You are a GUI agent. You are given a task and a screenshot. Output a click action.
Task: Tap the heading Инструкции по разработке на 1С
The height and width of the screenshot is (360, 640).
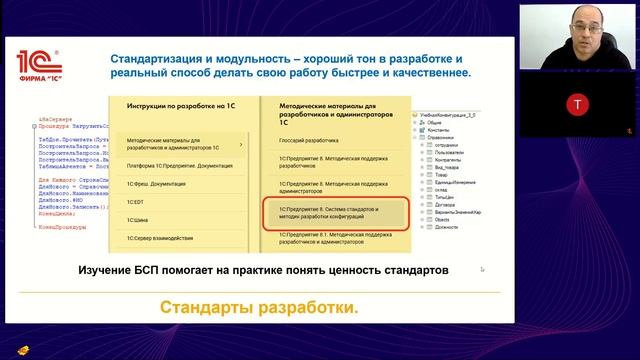pyautogui.click(x=180, y=104)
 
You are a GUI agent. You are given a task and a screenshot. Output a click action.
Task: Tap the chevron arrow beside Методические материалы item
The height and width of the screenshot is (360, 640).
pyautogui.click(x=241, y=145)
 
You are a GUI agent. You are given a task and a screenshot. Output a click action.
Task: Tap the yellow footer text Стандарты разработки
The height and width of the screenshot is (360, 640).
pyautogui.click(x=258, y=307)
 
